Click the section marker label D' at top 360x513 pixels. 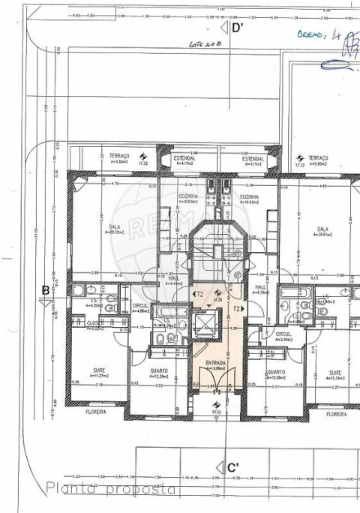[x=238, y=28]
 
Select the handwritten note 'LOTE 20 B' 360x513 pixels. [x=208, y=45]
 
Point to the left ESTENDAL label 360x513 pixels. [x=184, y=158]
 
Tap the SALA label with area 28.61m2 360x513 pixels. [x=322, y=230]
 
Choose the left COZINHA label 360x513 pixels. [x=188, y=196]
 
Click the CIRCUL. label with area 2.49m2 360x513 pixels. [x=283, y=334]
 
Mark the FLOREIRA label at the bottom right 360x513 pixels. [x=337, y=413]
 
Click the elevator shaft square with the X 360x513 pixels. [x=202, y=324]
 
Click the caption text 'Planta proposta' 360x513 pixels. [x=112, y=489]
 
